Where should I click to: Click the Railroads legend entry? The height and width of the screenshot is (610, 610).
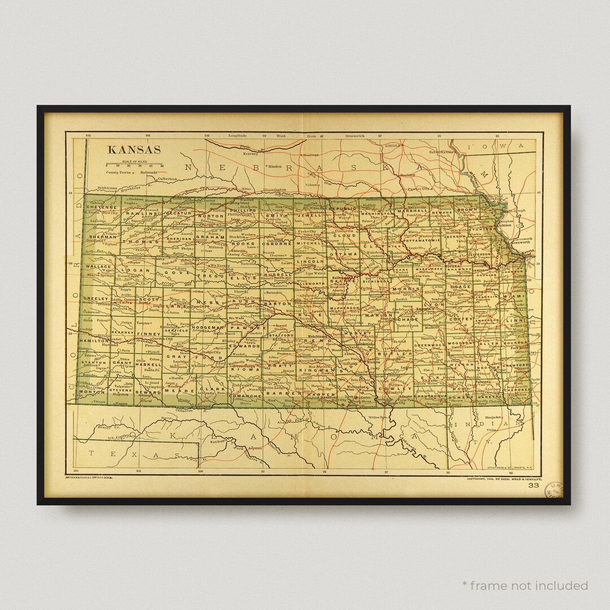(x=151, y=172)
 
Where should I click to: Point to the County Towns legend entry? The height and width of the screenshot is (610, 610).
(x=118, y=172)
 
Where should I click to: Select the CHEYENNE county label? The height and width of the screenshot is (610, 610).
(x=101, y=207)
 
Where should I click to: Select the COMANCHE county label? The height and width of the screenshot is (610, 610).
(x=245, y=396)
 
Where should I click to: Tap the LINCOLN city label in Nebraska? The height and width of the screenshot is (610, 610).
(x=393, y=145)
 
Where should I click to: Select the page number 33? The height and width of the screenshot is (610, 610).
(x=533, y=485)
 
